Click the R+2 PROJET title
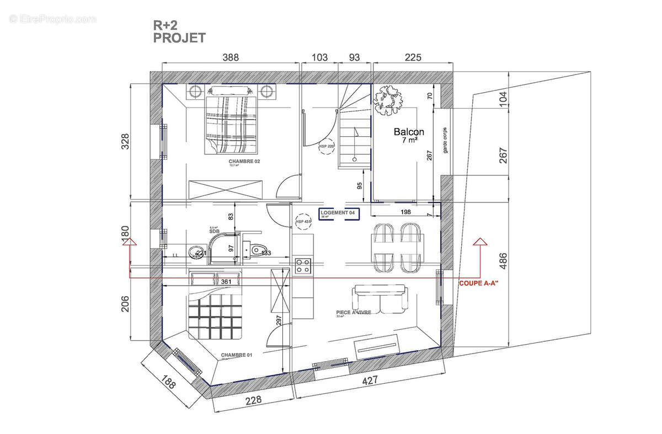coord(179,32)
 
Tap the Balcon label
coord(409,132)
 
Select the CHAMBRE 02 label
coord(244,161)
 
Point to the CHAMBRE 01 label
coord(236,355)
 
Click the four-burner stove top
coord(303,266)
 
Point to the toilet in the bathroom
coord(257,250)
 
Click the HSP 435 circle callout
coord(303,221)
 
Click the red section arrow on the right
coord(480,242)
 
